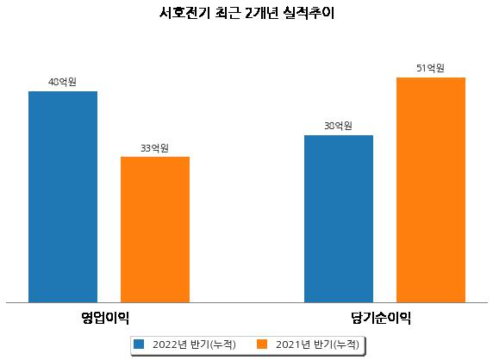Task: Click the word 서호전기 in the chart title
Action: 184,13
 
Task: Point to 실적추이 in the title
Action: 309,13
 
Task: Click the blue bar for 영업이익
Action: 63,197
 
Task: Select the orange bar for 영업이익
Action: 155,230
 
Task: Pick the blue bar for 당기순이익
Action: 339,219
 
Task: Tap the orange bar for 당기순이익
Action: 431,190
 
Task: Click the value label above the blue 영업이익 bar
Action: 62,82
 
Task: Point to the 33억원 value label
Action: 154,148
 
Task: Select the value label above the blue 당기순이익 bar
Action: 338,126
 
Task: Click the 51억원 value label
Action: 430,68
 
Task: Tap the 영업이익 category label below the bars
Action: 104,318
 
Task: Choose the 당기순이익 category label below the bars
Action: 381,318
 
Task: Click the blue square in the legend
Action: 139,344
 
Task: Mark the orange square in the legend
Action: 262,344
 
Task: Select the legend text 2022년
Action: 170,344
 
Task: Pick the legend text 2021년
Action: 293,344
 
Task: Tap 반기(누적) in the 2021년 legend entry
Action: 336,344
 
